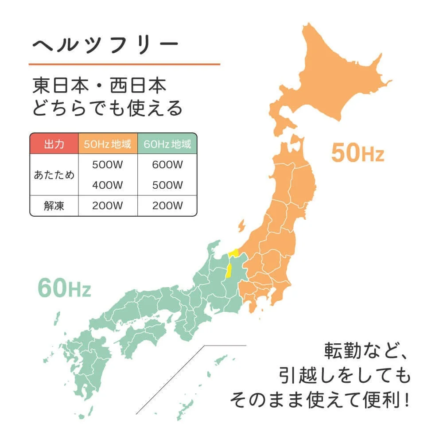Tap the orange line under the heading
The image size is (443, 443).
point(124,64)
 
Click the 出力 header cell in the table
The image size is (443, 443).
point(54,144)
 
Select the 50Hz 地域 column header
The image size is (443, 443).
point(108,144)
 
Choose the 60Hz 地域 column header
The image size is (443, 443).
point(167,144)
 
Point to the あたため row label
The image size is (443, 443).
point(54,175)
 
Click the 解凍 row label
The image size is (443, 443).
point(54,206)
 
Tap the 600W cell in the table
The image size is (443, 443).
point(167,164)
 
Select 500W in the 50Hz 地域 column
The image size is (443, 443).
point(108,164)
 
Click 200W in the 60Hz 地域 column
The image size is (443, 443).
point(167,206)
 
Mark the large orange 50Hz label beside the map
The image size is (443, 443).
point(358,153)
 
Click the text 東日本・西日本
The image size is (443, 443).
point(100,85)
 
